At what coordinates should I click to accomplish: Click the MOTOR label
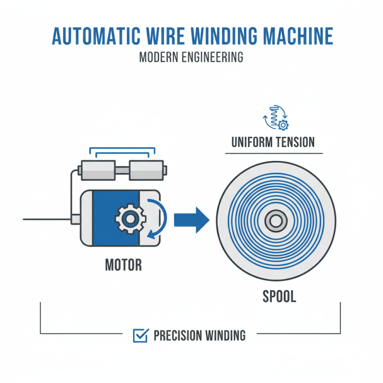click(124, 265)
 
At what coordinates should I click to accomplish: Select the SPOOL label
click(280, 296)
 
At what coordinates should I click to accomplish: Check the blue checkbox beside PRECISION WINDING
click(140, 335)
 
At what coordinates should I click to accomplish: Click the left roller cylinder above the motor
click(98, 170)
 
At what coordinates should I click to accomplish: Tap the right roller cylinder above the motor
click(146, 170)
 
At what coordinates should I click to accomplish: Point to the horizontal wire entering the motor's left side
click(45, 220)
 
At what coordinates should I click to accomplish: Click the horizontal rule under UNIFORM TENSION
click(273, 154)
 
